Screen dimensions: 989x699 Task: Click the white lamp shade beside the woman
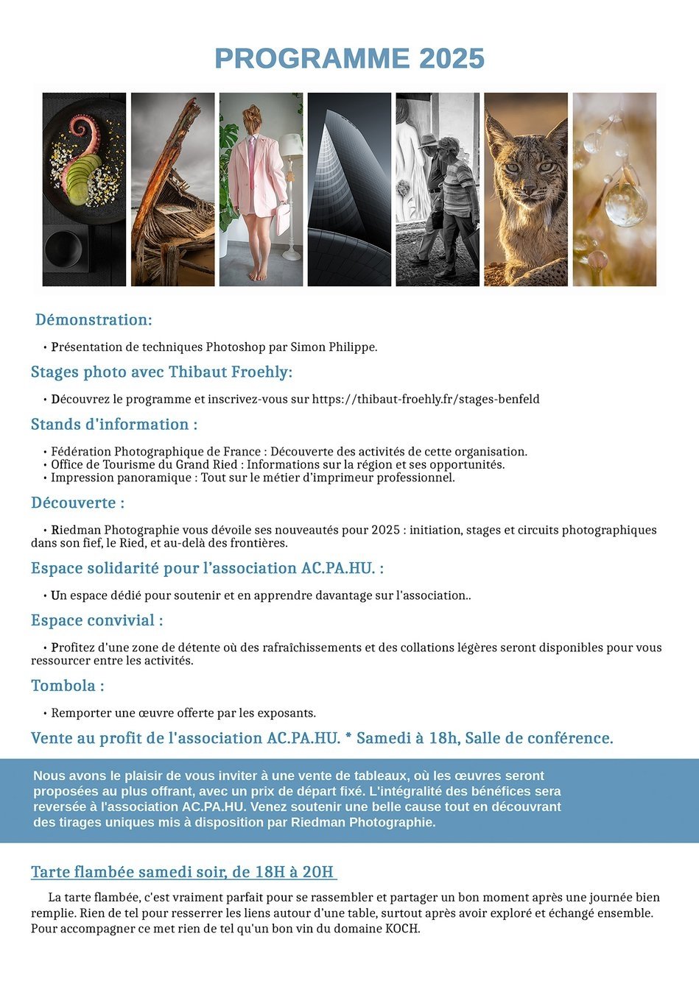292,144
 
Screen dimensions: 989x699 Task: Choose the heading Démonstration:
94,320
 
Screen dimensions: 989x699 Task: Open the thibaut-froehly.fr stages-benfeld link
426,400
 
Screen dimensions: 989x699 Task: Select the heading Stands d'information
114,425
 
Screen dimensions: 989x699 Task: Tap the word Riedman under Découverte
76,530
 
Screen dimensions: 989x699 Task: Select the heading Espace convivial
96,621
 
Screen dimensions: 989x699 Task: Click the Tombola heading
67,686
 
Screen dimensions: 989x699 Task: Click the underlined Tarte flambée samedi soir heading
183,873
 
